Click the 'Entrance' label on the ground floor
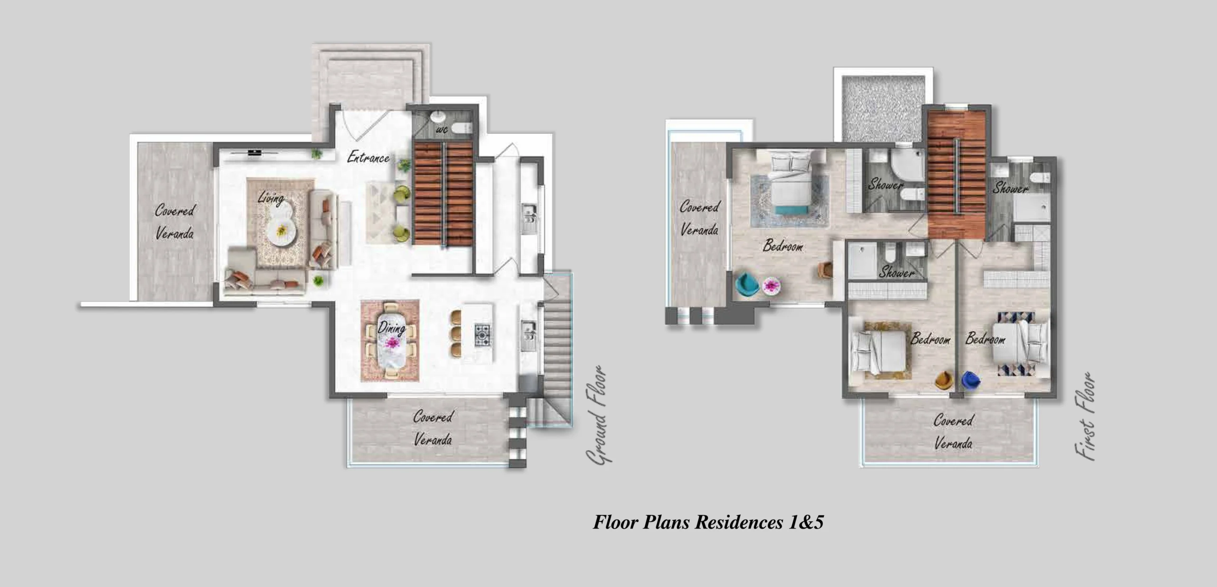point(368,157)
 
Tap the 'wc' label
point(441,130)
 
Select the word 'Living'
point(271,198)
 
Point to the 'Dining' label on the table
point(391,328)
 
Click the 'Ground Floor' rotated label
point(598,415)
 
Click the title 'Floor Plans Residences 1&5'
point(708,522)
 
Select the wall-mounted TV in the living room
point(255,152)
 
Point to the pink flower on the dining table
point(392,342)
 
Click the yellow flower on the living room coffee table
point(281,231)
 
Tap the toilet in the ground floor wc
point(461,127)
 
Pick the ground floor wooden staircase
point(443,193)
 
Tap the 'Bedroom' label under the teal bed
point(783,246)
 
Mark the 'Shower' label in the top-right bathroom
point(1010,188)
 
